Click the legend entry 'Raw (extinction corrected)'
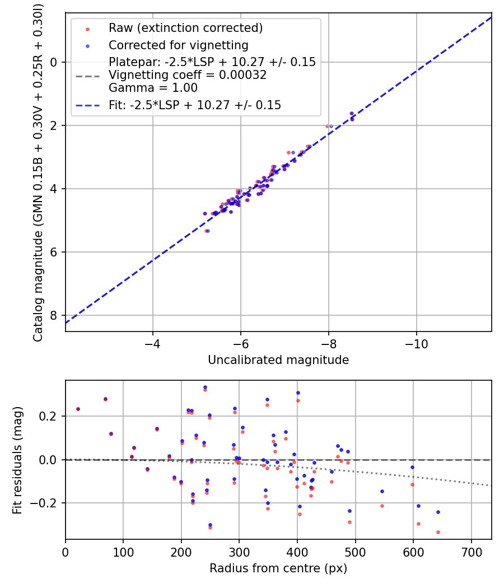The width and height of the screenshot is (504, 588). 185,28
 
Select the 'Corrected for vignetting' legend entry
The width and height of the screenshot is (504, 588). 178,45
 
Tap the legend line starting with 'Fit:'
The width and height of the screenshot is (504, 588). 195,105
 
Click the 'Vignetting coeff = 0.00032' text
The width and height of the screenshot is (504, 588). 188,75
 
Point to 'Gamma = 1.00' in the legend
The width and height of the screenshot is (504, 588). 153,88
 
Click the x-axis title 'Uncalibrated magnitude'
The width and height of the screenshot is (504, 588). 278,360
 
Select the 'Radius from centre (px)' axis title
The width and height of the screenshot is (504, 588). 278,568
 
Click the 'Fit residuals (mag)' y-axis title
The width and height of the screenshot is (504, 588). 17,460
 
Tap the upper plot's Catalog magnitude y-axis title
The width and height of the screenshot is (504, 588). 38,171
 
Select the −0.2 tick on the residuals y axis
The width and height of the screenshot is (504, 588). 49,503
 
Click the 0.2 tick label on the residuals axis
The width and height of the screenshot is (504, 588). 52,416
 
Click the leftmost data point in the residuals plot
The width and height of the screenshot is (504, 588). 78,409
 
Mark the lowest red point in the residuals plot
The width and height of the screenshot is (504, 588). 438,532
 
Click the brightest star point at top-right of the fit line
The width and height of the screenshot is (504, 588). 352,114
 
